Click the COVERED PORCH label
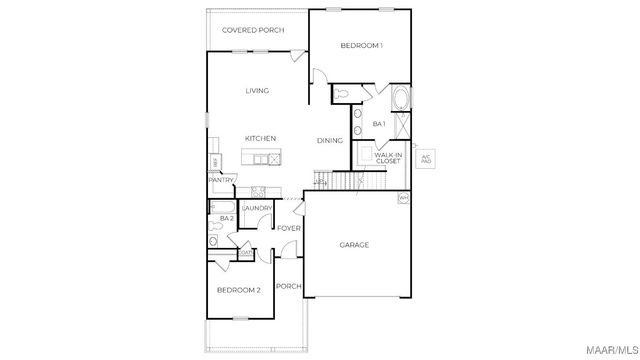[253, 30]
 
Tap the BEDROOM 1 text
[361, 46]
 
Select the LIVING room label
[257, 91]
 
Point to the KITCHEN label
[260, 138]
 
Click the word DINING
[331, 141]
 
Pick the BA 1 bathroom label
[379, 124]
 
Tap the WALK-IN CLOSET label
[388, 157]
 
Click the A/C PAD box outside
[426, 158]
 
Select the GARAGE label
[354, 245]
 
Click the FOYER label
[289, 229]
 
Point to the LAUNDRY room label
[257, 208]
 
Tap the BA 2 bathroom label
[226, 218]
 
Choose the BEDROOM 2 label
[239, 290]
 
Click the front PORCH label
[289, 287]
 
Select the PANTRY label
[222, 180]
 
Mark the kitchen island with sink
[262, 158]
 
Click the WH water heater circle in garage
[404, 199]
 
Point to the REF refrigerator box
[214, 162]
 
